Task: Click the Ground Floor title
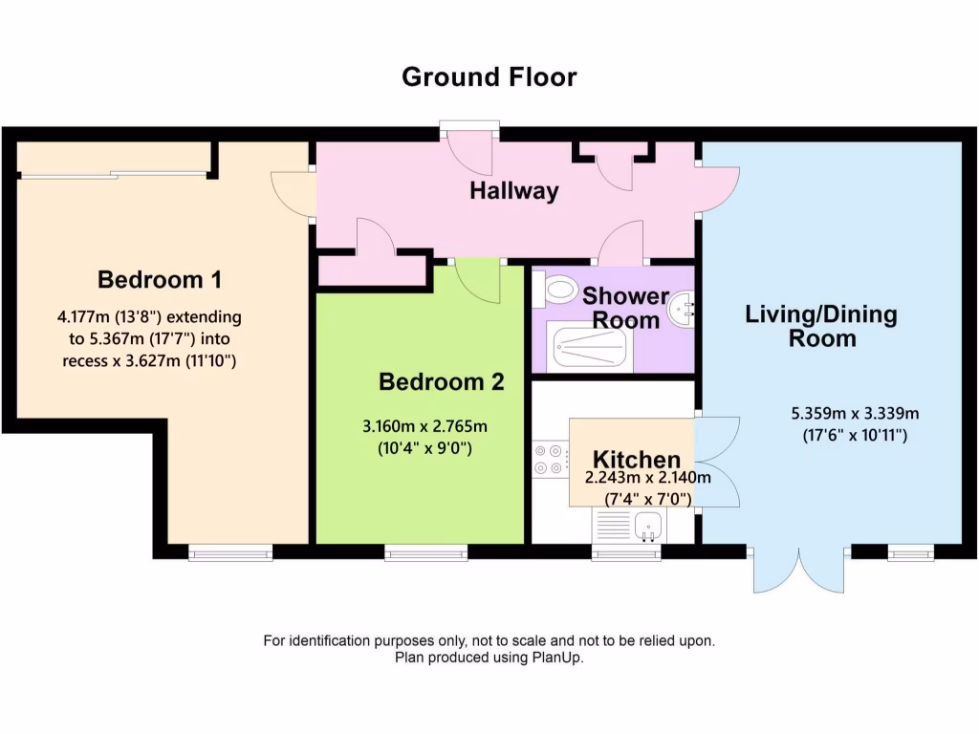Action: [x=489, y=76]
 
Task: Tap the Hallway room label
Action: [x=513, y=191]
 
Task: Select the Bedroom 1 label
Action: [x=160, y=280]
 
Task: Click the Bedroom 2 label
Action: [x=441, y=382]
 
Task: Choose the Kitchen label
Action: [x=636, y=460]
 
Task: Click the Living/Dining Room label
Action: [x=821, y=326]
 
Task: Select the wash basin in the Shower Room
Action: [x=683, y=308]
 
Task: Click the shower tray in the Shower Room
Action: [x=588, y=346]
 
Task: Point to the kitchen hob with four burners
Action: [x=550, y=459]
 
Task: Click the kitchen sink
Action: [x=642, y=525]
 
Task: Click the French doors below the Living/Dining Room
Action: [x=798, y=571]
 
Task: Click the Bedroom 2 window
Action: [x=426, y=551]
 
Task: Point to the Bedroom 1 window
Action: [x=229, y=551]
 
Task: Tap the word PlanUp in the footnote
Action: [x=557, y=658]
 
